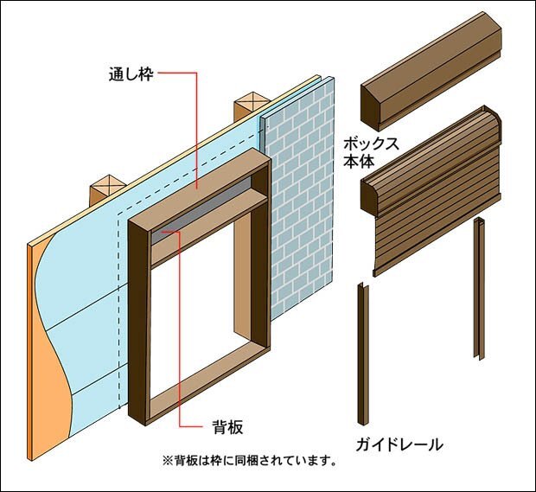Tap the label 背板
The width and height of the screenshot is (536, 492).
[x=228, y=426]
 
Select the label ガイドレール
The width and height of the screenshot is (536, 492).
[x=400, y=445]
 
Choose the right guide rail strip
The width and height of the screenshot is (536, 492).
[x=477, y=290]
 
